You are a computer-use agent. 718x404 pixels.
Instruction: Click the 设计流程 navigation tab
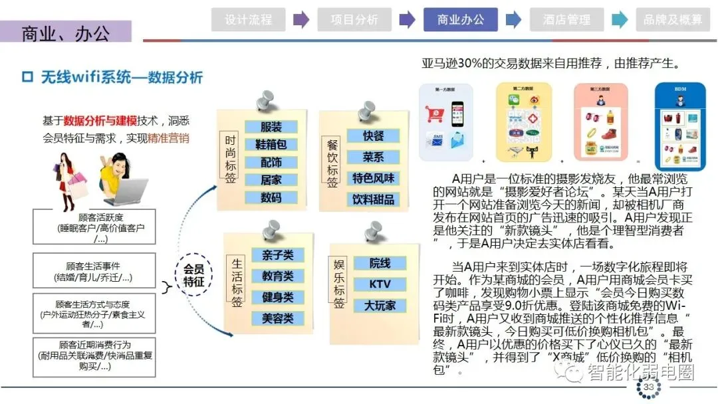pyautogui.click(x=248, y=20)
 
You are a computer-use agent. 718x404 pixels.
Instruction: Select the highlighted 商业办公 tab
pyautogui.click(x=460, y=20)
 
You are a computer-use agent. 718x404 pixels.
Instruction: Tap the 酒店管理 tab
pyautogui.click(x=566, y=20)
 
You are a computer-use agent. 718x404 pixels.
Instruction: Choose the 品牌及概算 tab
pyautogui.click(x=673, y=20)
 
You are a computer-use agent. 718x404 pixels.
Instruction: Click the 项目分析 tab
pyautogui.click(x=354, y=20)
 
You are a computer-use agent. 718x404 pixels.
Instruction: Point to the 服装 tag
pyautogui.click(x=271, y=127)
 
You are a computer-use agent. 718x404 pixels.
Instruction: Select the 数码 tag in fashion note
pyautogui.click(x=271, y=197)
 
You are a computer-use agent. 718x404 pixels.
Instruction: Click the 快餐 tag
pyautogui.click(x=373, y=136)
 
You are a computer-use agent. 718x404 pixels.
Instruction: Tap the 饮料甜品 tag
pyautogui.click(x=373, y=199)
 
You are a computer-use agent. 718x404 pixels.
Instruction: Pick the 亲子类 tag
pyautogui.click(x=277, y=255)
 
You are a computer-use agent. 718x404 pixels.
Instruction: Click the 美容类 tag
pyautogui.click(x=277, y=318)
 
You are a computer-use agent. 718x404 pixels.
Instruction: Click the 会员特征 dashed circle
pyautogui.click(x=193, y=274)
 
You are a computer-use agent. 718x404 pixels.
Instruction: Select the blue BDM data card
pyautogui.click(x=679, y=126)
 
